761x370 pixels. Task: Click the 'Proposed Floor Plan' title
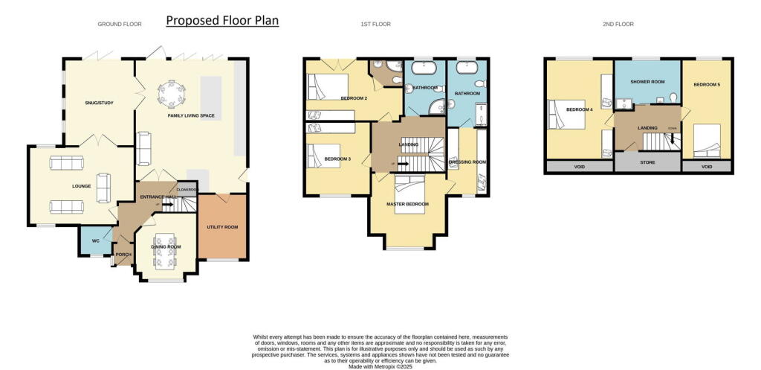click(222, 20)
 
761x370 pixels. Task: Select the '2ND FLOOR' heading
click(619, 24)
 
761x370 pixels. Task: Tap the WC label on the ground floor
click(95, 240)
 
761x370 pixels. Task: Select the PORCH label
click(123, 255)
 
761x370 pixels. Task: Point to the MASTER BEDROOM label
click(406, 203)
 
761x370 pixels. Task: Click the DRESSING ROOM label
click(468, 162)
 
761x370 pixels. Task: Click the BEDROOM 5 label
click(707, 85)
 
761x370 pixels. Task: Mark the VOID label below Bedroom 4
click(577, 167)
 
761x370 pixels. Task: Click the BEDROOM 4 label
click(580, 109)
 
